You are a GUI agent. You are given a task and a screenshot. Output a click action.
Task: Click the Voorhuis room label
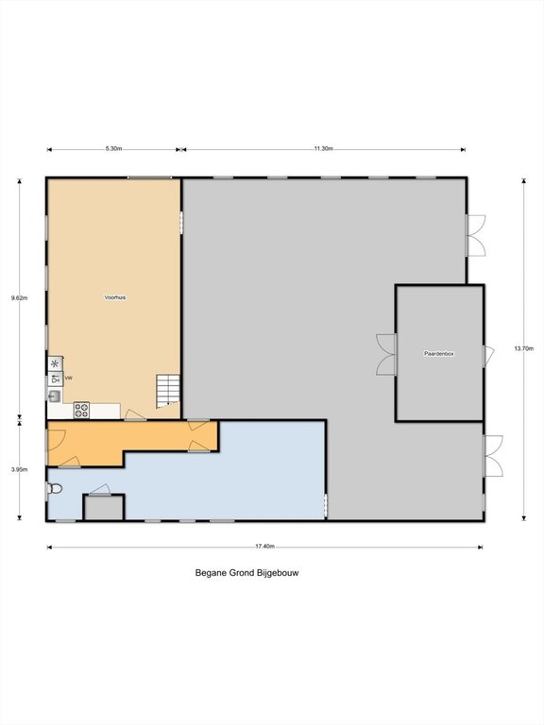click(114, 297)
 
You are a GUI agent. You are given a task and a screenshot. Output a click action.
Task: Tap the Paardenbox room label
click(439, 354)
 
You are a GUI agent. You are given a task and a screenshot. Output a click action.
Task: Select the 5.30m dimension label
click(113, 148)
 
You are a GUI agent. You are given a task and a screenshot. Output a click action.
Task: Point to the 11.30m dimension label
click(323, 148)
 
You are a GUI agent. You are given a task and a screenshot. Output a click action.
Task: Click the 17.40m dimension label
click(265, 546)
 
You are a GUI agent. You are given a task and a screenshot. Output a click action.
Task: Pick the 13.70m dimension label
click(523, 348)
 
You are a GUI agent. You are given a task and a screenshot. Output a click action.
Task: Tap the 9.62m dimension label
click(20, 297)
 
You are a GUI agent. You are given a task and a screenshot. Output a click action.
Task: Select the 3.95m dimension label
click(20, 470)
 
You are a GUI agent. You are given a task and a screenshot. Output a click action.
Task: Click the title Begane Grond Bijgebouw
click(247, 572)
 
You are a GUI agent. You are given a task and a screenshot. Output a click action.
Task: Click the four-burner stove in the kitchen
click(82, 410)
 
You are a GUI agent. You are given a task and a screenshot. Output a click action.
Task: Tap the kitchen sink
click(54, 396)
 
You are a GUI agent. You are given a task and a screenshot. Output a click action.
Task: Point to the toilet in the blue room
click(55, 488)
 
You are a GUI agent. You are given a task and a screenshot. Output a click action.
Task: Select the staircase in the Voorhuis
click(167, 391)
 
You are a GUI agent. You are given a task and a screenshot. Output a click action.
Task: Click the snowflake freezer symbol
click(55, 363)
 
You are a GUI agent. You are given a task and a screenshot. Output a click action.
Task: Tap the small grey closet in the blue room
click(104, 508)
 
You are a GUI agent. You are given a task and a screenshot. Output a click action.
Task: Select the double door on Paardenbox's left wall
click(386, 354)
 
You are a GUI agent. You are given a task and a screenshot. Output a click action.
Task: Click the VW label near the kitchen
click(68, 379)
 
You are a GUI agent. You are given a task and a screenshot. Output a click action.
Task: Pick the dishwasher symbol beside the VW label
click(55, 379)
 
